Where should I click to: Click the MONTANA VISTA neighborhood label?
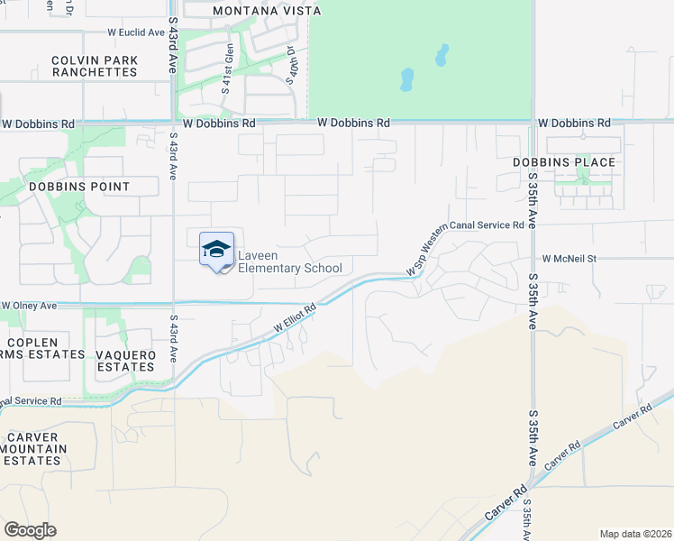click(x=254, y=11)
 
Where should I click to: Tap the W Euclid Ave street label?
click(x=134, y=32)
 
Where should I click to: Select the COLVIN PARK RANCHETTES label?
click(x=95, y=66)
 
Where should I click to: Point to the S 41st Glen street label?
click(x=228, y=67)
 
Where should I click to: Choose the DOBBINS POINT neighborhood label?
click(x=79, y=187)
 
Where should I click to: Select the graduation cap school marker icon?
click(x=216, y=249)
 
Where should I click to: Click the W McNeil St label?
click(x=569, y=258)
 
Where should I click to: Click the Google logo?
click(x=30, y=530)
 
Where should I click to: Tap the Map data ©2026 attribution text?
click(x=634, y=534)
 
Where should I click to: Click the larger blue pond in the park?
click(x=407, y=80)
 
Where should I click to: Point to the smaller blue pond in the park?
click(x=442, y=56)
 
